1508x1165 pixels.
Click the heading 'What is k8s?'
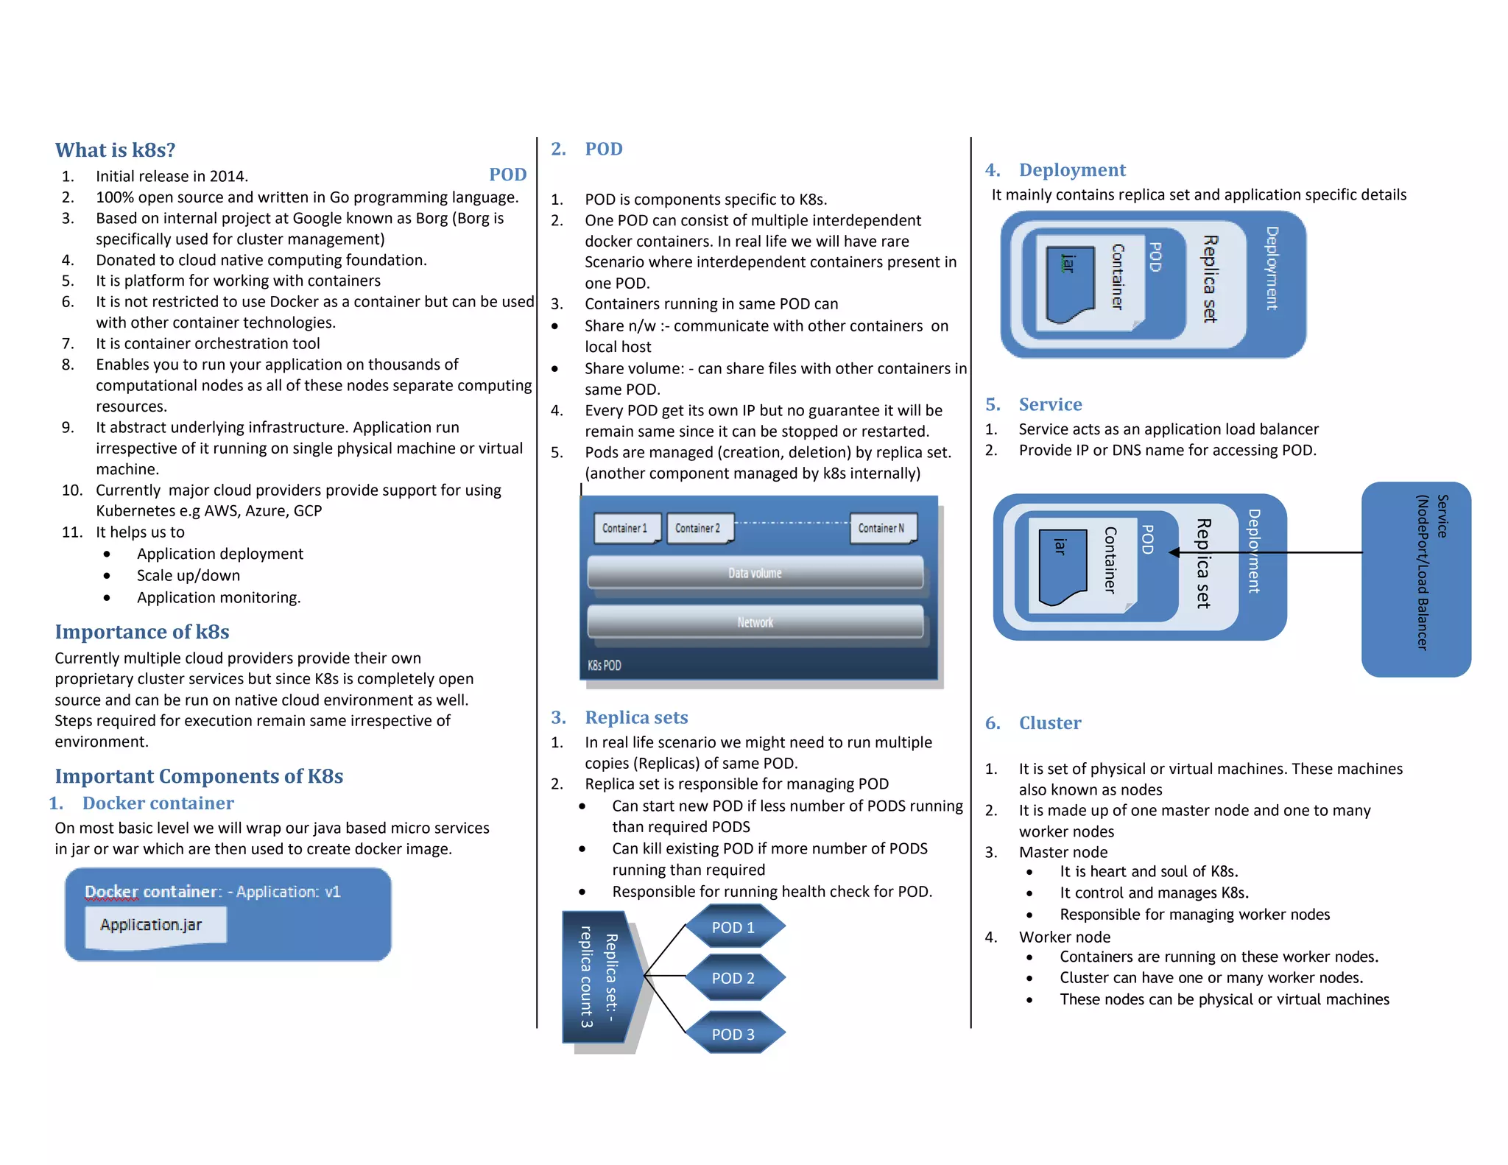tap(115, 150)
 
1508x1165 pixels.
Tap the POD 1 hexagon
tap(734, 927)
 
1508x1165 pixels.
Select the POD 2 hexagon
tap(734, 978)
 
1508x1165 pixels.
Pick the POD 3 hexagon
tap(734, 1034)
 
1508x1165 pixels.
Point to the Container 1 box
tap(625, 528)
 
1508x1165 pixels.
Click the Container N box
tap(881, 528)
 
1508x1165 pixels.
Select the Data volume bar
tap(755, 573)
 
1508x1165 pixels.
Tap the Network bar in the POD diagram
tap(755, 622)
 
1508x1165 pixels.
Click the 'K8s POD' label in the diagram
tap(605, 665)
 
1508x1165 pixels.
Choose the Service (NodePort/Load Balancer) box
tap(1416, 579)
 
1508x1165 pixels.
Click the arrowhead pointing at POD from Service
tap(1174, 552)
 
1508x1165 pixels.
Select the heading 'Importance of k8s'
tap(142, 632)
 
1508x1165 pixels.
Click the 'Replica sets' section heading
tap(636, 717)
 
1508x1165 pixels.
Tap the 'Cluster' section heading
tap(1050, 723)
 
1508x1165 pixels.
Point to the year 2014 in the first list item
tap(228, 176)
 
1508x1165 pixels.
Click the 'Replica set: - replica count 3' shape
tap(599, 976)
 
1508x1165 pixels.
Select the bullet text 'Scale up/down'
tap(188, 575)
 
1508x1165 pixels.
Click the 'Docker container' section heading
tap(158, 803)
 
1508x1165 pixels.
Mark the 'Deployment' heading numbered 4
tap(1072, 170)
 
